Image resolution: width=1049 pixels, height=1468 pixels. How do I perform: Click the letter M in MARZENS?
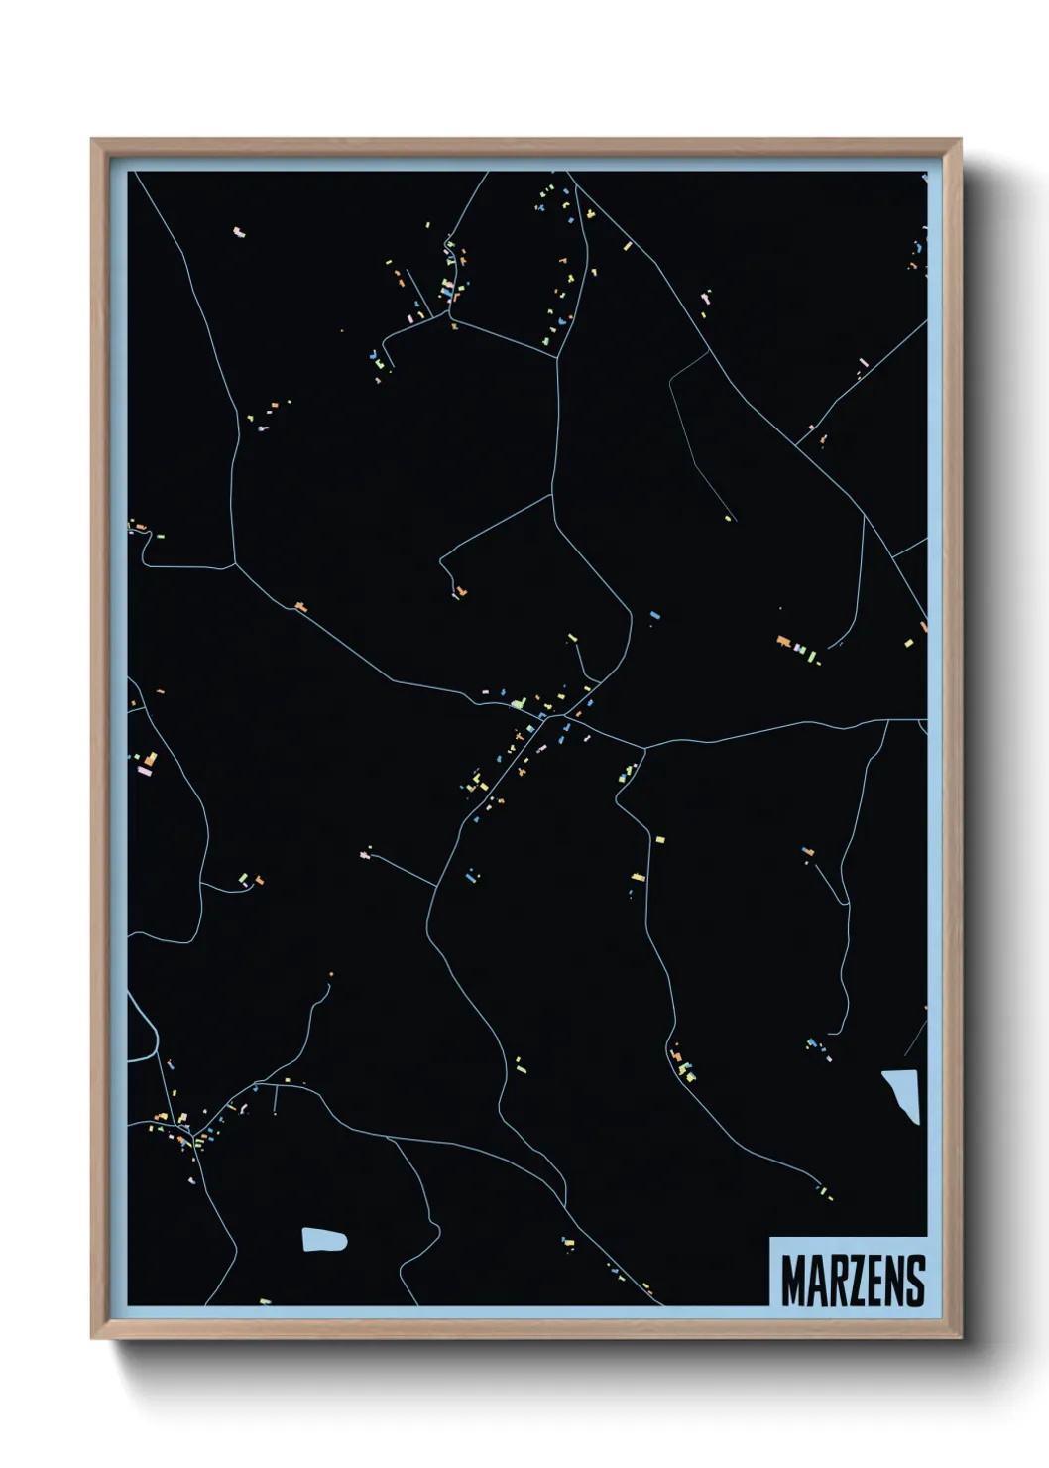(x=793, y=1281)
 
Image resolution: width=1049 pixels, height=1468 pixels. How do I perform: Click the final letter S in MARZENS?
(x=916, y=1281)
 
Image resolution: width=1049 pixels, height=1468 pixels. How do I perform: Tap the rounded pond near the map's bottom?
(x=324, y=1240)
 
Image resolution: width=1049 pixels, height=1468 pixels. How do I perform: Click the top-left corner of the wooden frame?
(x=93, y=141)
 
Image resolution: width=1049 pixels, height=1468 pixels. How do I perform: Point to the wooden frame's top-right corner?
(x=959, y=141)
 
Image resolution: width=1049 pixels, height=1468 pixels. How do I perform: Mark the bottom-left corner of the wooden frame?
(x=93, y=1336)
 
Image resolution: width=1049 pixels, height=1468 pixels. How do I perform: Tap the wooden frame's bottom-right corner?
(x=959, y=1336)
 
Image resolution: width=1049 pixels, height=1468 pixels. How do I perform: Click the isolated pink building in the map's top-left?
(x=238, y=233)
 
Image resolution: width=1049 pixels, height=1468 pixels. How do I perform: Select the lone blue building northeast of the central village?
(x=654, y=616)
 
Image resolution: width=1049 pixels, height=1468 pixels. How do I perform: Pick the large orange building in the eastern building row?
(x=784, y=642)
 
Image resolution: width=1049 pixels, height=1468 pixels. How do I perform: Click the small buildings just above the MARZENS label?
(x=822, y=1189)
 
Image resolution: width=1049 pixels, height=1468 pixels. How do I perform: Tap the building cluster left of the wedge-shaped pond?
(x=817, y=1047)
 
